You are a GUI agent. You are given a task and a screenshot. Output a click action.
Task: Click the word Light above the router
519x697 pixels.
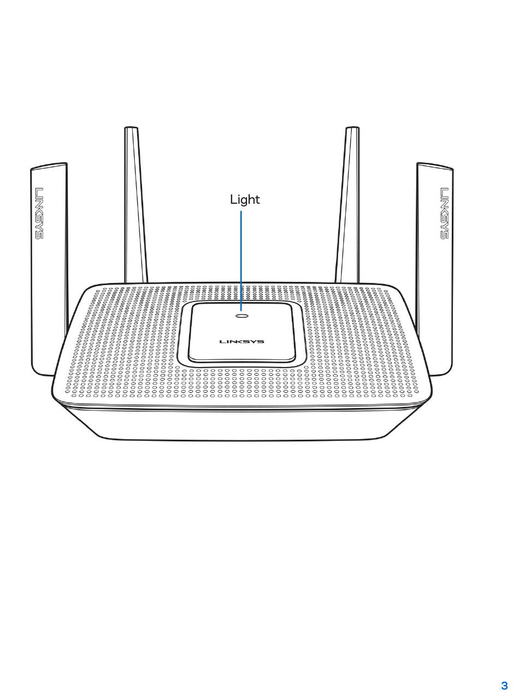coord(245,200)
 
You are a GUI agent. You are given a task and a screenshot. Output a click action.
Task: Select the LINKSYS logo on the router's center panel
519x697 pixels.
coord(241,342)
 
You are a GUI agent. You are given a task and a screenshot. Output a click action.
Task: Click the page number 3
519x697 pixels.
coord(504,686)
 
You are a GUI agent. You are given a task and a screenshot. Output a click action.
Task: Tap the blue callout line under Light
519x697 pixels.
coord(241,257)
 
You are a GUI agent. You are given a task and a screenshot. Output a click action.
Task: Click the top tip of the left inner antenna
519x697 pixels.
coord(131,129)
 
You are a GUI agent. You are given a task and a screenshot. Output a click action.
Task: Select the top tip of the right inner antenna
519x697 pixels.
coord(352,129)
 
